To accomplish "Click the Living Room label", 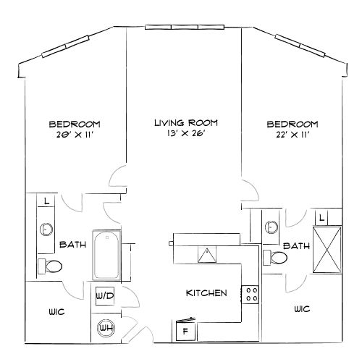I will click(x=186, y=123).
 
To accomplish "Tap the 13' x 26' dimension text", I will click(x=186, y=134).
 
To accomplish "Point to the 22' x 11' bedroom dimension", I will click(x=292, y=134).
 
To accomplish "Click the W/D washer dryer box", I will click(x=102, y=295).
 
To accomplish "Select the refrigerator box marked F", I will click(x=185, y=331).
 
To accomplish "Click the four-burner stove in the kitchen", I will click(x=251, y=293).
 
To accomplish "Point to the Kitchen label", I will click(x=207, y=293).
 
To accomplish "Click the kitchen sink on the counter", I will click(x=208, y=254).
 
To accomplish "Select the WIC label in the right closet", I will click(x=303, y=308).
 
